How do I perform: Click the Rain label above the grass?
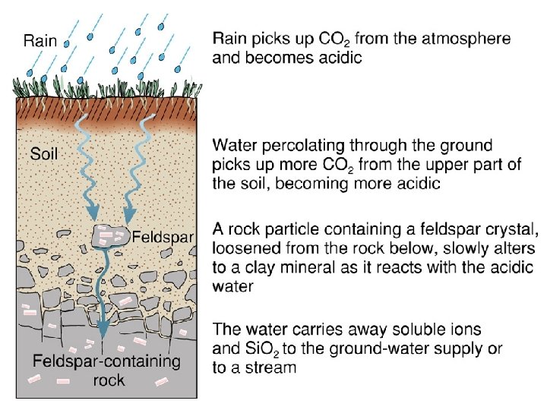click(x=40, y=41)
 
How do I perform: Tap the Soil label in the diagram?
click(x=44, y=153)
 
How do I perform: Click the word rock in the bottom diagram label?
click(x=109, y=380)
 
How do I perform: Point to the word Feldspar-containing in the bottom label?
click(x=106, y=361)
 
